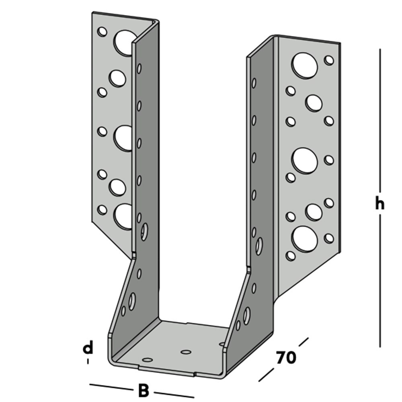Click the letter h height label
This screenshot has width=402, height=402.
(379, 204)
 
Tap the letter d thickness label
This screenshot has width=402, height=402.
(88, 347)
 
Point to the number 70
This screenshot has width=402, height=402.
(286, 357)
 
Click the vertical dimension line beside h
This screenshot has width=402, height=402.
(380, 121)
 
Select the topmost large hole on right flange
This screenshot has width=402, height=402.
(305, 65)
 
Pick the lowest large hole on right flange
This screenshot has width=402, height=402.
(305, 238)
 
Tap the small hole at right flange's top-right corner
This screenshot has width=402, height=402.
(329, 60)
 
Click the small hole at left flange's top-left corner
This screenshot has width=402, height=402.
(102, 31)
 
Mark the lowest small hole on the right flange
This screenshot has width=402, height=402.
(290, 255)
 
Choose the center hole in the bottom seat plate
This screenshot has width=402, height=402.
(186, 352)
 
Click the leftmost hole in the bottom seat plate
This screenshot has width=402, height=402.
(148, 359)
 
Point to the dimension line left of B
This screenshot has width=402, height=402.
(111, 387)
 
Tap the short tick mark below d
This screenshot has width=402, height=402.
(88, 361)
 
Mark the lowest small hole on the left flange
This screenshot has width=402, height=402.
(102, 209)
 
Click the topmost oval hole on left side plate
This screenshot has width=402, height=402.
(139, 68)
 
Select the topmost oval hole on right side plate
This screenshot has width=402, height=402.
(254, 83)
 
